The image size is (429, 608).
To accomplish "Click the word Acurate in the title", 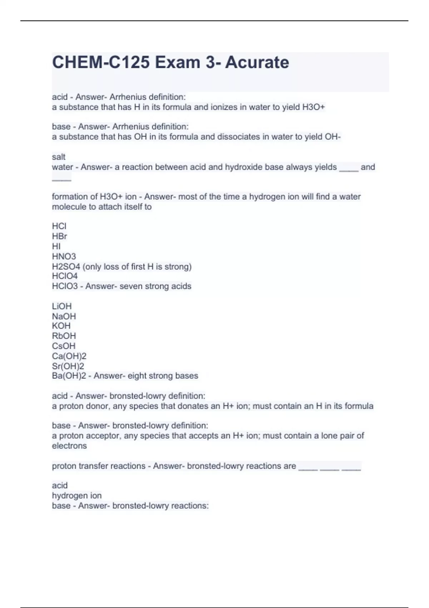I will (x=257, y=63).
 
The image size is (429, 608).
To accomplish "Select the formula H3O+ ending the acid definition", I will (x=314, y=107).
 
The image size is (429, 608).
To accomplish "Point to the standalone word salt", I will (x=59, y=157).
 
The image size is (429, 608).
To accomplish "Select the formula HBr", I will (x=59, y=236).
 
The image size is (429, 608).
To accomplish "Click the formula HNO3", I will (x=64, y=256).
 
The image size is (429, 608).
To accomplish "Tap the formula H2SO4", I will (x=66, y=267).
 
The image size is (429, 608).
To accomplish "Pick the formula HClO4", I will (x=65, y=276).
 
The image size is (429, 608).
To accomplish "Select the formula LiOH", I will (x=62, y=307).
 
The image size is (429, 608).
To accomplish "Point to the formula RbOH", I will (x=64, y=336).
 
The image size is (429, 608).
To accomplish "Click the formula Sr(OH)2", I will (x=68, y=366).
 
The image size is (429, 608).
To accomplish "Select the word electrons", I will (x=69, y=446).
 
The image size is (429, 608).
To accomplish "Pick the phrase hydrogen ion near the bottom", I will (x=77, y=496).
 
